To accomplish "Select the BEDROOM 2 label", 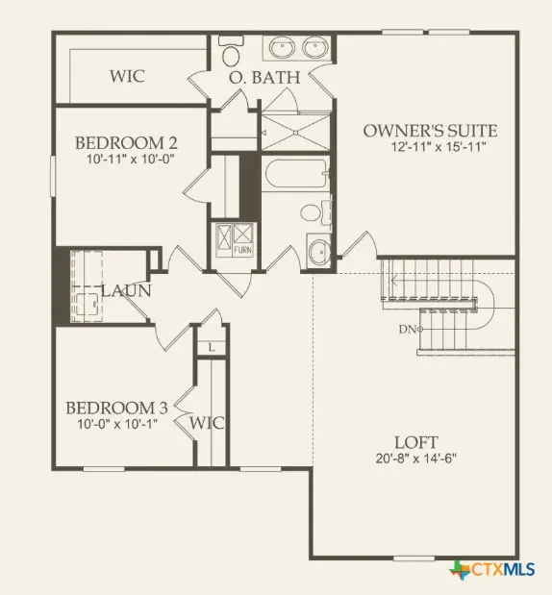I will (126, 143).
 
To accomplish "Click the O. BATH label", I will (263, 77).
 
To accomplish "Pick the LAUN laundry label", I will (123, 289).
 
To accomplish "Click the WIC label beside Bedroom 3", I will (208, 423).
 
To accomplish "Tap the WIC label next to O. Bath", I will (127, 75).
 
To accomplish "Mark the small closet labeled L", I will (210, 346).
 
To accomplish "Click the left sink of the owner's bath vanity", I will (283, 47).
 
